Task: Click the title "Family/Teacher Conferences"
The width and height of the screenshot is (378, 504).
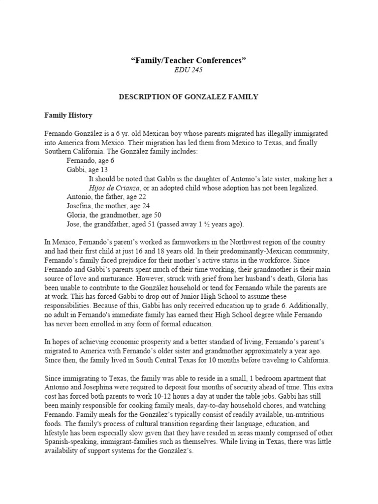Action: coord(189,61)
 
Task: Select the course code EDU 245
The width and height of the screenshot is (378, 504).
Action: coord(189,70)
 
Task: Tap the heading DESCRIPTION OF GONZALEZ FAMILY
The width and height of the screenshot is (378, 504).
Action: coord(189,97)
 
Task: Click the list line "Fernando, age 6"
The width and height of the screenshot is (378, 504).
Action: coord(91,160)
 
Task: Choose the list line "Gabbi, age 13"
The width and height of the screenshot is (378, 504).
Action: coord(89,169)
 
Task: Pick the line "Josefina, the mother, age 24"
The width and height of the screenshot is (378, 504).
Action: coord(109,206)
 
